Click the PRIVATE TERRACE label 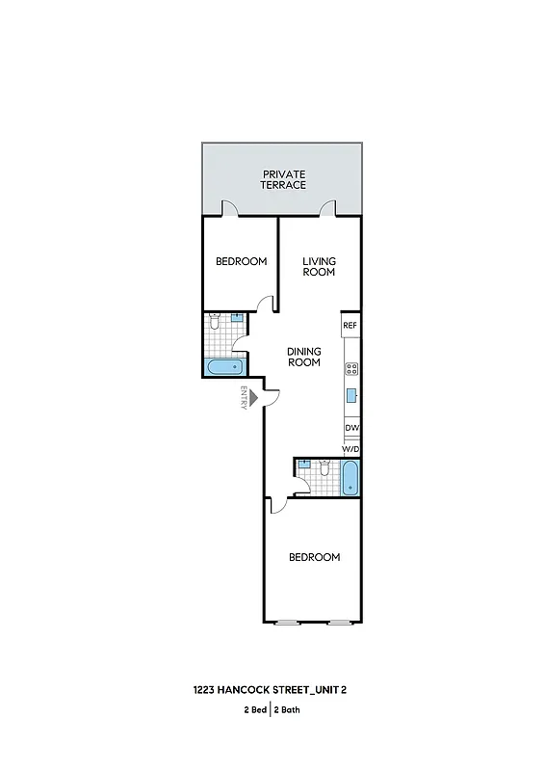point(284,178)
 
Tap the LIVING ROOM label point(319,266)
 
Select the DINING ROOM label point(304,357)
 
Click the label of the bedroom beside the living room point(241,261)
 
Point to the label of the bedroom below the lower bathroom point(315,557)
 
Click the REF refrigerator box point(350,326)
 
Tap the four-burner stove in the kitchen point(351,368)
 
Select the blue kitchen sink point(352,395)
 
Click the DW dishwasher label point(351,428)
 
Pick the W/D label point(351,449)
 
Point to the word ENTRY point(245,399)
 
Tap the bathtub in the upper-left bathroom point(224,367)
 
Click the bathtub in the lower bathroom point(350,478)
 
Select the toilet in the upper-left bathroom point(216,321)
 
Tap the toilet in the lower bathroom point(325,468)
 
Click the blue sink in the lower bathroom point(303,465)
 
